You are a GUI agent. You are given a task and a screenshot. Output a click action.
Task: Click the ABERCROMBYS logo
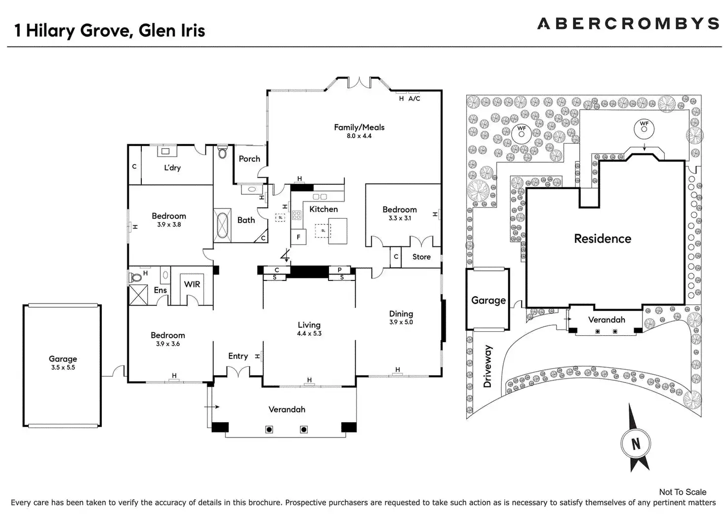628,24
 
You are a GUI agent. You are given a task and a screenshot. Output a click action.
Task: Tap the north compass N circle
636,443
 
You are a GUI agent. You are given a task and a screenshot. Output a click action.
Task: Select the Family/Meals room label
359,127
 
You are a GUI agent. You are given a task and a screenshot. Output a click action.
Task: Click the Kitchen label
323,209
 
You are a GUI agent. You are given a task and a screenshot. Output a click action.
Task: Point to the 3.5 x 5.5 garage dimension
63,367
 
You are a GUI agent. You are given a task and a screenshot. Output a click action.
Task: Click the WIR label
192,284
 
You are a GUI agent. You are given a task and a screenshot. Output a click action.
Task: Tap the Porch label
249,159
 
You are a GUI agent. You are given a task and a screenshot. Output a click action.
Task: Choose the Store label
421,257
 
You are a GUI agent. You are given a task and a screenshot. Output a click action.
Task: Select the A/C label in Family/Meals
414,99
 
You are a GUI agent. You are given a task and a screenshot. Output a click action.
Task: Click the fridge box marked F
298,237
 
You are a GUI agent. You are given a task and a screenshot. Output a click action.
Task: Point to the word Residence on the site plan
603,239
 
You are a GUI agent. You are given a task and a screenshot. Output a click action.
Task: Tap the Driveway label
488,366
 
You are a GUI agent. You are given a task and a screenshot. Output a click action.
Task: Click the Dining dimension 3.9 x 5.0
401,322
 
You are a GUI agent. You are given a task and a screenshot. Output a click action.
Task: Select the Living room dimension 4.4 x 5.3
309,333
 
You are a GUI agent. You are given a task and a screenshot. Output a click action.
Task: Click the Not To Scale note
683,492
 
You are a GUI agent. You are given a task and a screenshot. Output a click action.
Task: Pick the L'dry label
172,168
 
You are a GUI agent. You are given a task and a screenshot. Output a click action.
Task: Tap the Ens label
160,290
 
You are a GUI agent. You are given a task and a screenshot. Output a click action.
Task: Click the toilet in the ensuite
136,277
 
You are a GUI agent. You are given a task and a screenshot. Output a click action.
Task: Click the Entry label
238,356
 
